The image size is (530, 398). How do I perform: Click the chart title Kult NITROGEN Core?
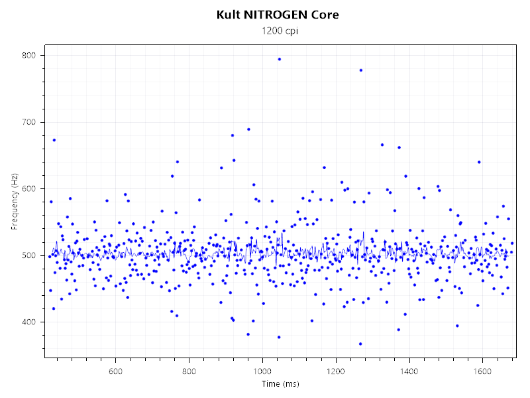278,15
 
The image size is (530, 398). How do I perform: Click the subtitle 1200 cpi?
278,31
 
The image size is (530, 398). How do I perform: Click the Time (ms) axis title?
281,383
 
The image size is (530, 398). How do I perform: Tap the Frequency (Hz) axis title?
15,202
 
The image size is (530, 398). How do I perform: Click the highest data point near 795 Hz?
280,59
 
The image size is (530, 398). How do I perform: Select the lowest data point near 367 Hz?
360,344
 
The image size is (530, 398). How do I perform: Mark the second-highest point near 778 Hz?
360,70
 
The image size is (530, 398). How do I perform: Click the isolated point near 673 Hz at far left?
54,140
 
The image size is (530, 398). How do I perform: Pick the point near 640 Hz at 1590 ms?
479,162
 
